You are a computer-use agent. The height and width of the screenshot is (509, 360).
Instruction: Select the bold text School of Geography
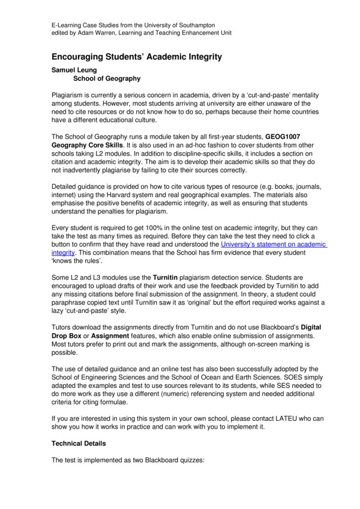click(x=107, y=78)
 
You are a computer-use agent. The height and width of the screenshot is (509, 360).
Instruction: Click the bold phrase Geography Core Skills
click(x=89, y=146)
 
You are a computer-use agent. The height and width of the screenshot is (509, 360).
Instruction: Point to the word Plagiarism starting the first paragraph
click(x=71, y=95)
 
